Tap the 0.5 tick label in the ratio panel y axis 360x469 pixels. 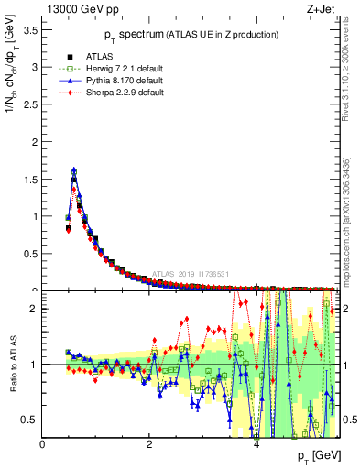[31, 420]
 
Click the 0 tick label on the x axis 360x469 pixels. [43, 444]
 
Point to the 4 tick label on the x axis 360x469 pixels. [256, 444]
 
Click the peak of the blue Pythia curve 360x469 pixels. [73, 169]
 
